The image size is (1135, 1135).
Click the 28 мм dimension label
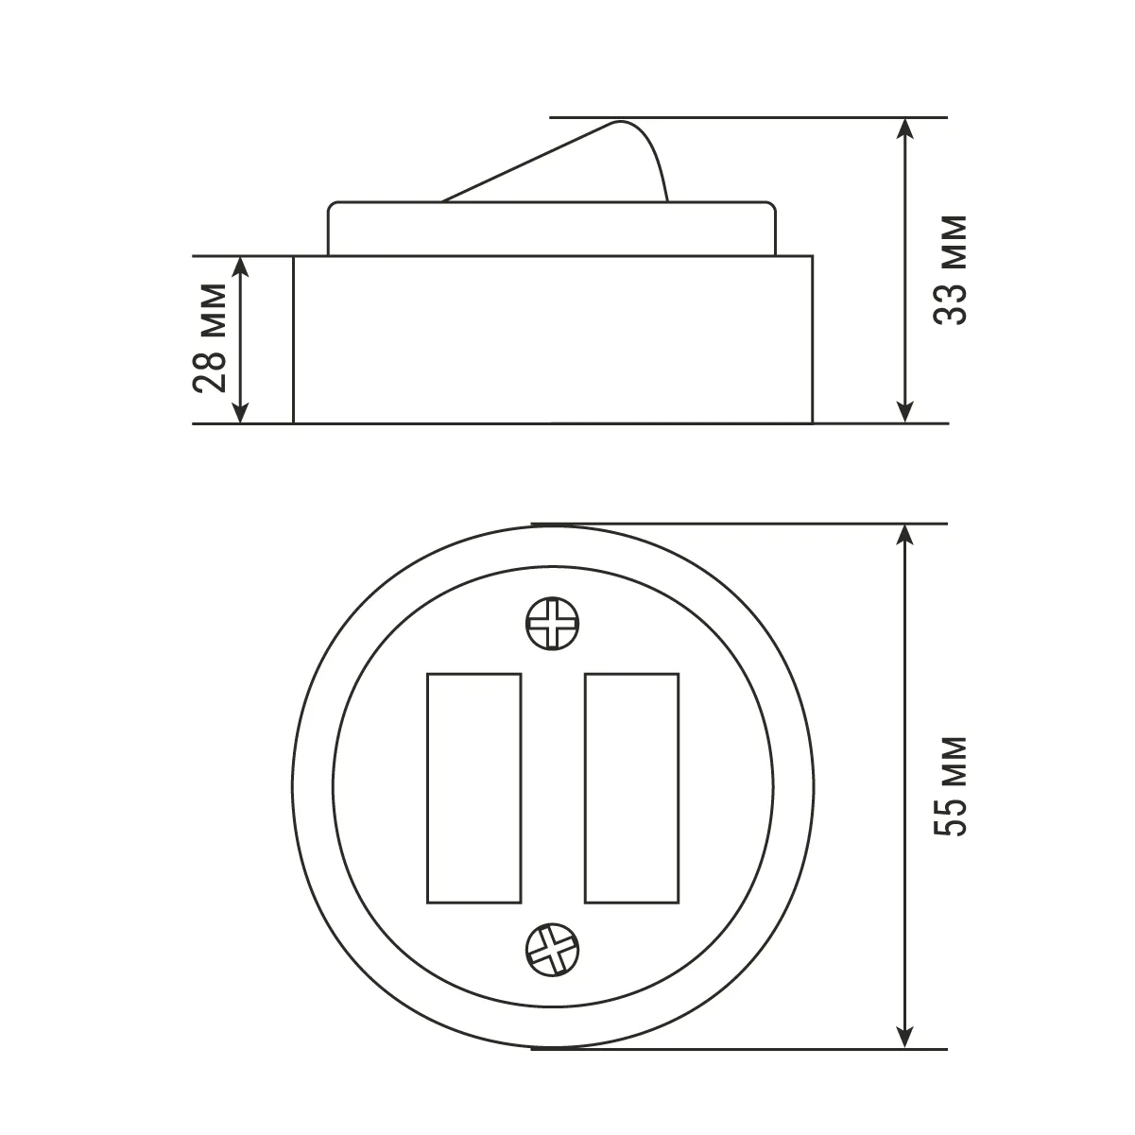pos(210,338)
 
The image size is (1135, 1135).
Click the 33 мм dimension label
pos(951,270)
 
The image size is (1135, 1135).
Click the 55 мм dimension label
pos(951,786)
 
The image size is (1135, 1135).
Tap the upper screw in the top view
pos(552,624)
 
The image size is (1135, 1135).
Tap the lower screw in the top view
pos(552,950)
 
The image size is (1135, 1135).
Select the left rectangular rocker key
pos(474,788)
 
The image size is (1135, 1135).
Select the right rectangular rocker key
pos(632,788)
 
